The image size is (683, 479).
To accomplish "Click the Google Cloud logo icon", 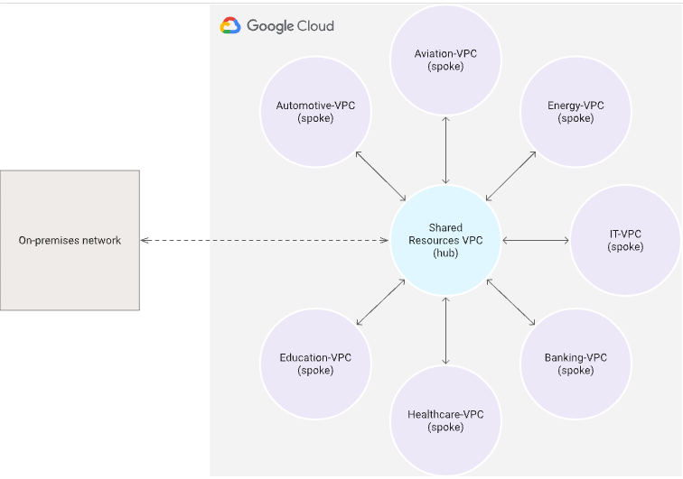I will point(230,26).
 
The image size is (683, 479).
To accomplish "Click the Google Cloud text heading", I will point(290,26).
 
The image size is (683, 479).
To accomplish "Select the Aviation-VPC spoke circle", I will point(445,60).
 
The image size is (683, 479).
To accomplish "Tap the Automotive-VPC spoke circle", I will point(315,113).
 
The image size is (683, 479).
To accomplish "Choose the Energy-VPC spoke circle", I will point(575,113).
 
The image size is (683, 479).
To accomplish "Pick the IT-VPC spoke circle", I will point(625,240).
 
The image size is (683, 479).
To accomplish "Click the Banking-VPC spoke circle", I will point(575,364).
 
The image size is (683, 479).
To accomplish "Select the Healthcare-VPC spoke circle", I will point(445,420).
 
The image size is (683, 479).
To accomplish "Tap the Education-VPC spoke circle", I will point(315,364).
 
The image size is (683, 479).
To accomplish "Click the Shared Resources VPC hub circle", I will point(445,240).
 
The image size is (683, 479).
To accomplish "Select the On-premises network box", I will point(70,240).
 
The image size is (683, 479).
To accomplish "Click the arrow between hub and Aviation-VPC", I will point(445,150).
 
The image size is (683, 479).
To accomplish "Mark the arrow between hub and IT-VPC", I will point(535,240).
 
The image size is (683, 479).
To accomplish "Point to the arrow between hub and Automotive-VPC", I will point(380,176).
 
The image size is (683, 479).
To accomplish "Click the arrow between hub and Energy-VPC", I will point(510,176).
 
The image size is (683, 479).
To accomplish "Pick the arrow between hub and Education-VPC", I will point(380,303).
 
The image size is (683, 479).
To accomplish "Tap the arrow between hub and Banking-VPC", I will point(510,302).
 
